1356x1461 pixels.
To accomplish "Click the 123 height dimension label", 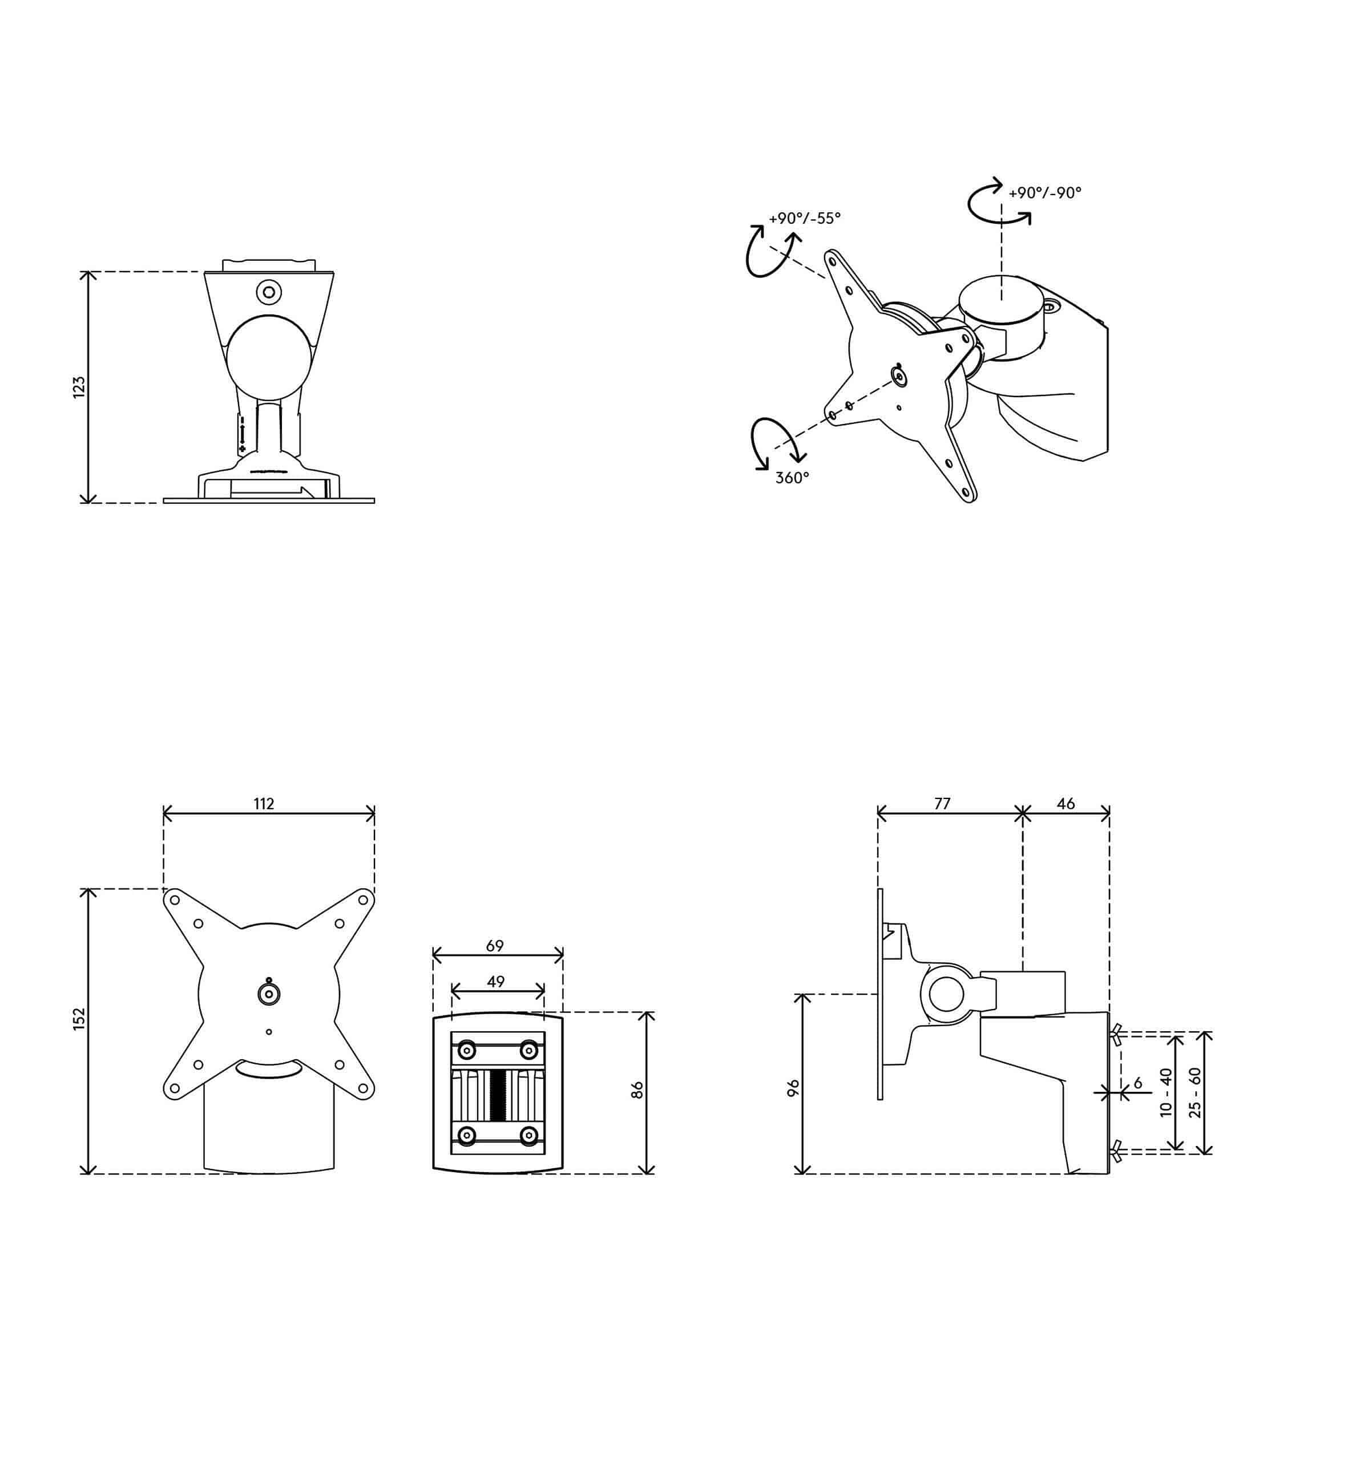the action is [79, 388].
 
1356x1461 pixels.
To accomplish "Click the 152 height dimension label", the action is [79, 1019].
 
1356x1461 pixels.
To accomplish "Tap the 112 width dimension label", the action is [264, 804].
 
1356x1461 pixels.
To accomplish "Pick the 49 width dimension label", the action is [496, 981].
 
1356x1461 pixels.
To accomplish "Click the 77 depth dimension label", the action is [942, 804].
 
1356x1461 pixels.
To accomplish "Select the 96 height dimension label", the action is [793, 1088].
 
